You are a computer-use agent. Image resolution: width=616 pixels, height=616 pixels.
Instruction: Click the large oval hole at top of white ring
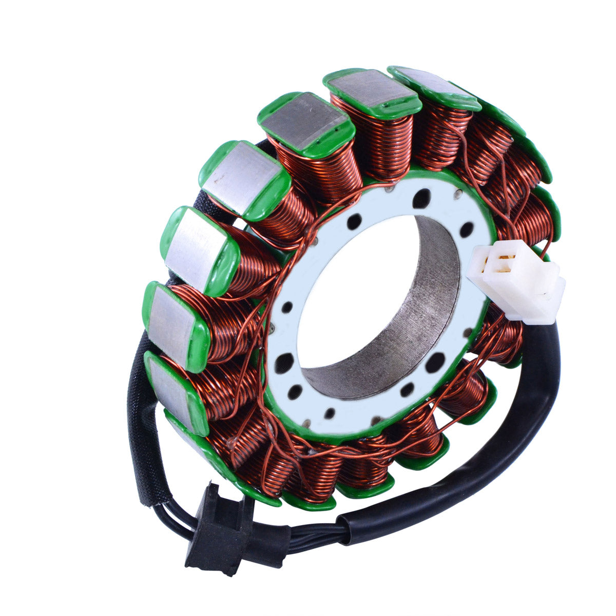422,198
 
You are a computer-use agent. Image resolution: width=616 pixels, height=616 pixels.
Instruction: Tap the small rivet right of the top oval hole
456,194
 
